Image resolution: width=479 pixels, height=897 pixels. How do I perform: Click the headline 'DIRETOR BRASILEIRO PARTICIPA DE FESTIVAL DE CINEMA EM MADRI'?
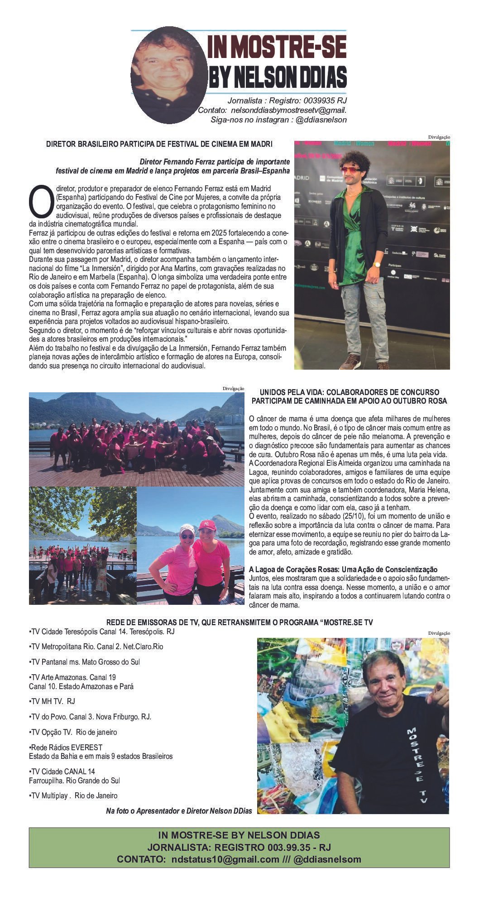point(159,145)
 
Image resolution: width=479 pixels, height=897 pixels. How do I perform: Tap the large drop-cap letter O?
point(40,200)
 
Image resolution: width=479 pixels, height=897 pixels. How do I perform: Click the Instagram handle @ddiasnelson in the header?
point(321,120)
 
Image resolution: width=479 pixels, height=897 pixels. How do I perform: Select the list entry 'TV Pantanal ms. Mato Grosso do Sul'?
point(85,662)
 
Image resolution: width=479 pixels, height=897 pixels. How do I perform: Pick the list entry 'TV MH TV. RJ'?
point(52,701)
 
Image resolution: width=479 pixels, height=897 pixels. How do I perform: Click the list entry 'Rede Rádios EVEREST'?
point(66,747)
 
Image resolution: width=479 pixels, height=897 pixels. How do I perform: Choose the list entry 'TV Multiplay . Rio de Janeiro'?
point(73,796)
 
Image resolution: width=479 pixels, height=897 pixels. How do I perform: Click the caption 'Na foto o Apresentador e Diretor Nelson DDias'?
point(179,810)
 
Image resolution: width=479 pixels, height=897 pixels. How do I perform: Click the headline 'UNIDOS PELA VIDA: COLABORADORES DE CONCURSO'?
point(349,392)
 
